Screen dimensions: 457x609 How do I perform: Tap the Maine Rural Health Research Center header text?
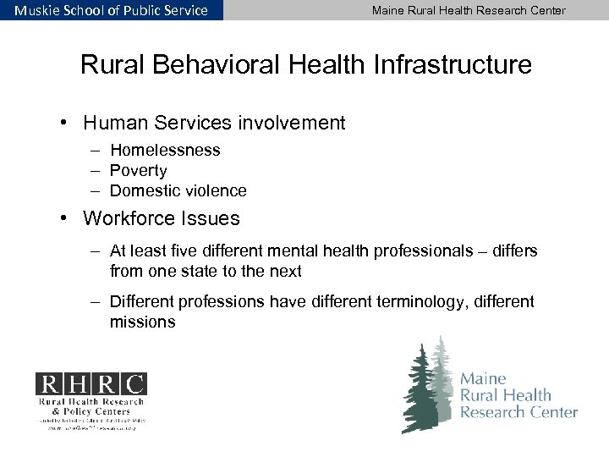[x=469, y=10]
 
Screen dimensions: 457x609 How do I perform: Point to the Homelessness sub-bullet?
[x=165, y=150]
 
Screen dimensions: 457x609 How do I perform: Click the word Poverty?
[x=139, y=170]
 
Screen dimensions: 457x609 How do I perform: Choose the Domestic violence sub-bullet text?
[x=178, y=190]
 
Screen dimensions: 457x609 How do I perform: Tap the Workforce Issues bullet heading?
[x=161, y=218]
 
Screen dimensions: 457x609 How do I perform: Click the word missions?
[x=142, y=322]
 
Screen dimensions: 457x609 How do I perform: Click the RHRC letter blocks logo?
[x=90, y=383]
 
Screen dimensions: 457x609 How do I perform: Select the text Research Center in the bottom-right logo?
[x=518, y=412]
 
